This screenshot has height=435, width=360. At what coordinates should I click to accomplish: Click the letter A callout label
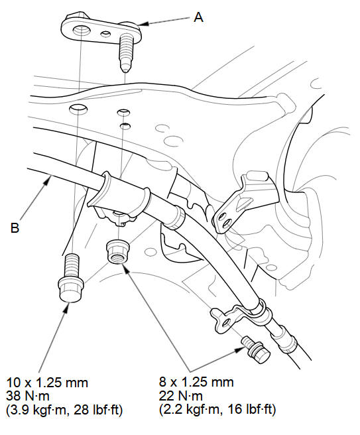(199, 17)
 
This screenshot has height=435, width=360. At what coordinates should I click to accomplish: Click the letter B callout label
(15, 227)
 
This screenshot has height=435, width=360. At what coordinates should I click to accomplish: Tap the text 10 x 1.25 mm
(47, 383)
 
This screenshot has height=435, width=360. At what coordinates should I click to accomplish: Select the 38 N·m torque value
(27, 396)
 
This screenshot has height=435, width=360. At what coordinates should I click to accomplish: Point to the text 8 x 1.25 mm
(196, 383)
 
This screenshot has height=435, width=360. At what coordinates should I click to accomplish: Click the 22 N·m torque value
(180, 396)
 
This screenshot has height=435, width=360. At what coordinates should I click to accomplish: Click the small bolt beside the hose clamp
(256, 349)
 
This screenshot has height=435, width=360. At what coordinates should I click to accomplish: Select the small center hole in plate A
(105, 34)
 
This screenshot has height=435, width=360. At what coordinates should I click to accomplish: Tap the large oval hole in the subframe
(78, 108)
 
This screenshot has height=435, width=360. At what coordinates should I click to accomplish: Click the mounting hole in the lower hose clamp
(226, 322)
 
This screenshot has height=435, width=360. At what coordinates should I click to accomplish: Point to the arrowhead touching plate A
(143, 24)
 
